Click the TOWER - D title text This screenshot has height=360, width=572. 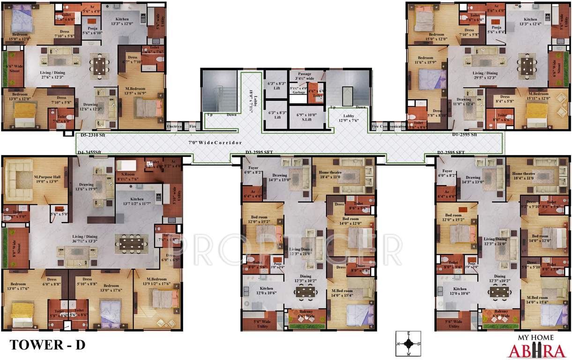coord(48,345)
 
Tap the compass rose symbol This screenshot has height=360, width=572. coord(409,343)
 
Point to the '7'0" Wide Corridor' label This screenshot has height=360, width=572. coord(215,142)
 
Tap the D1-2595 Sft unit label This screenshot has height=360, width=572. coord(464,135)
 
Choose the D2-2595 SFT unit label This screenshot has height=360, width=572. coord(451,152)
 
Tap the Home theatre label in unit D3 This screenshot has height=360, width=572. coord(342,174)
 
